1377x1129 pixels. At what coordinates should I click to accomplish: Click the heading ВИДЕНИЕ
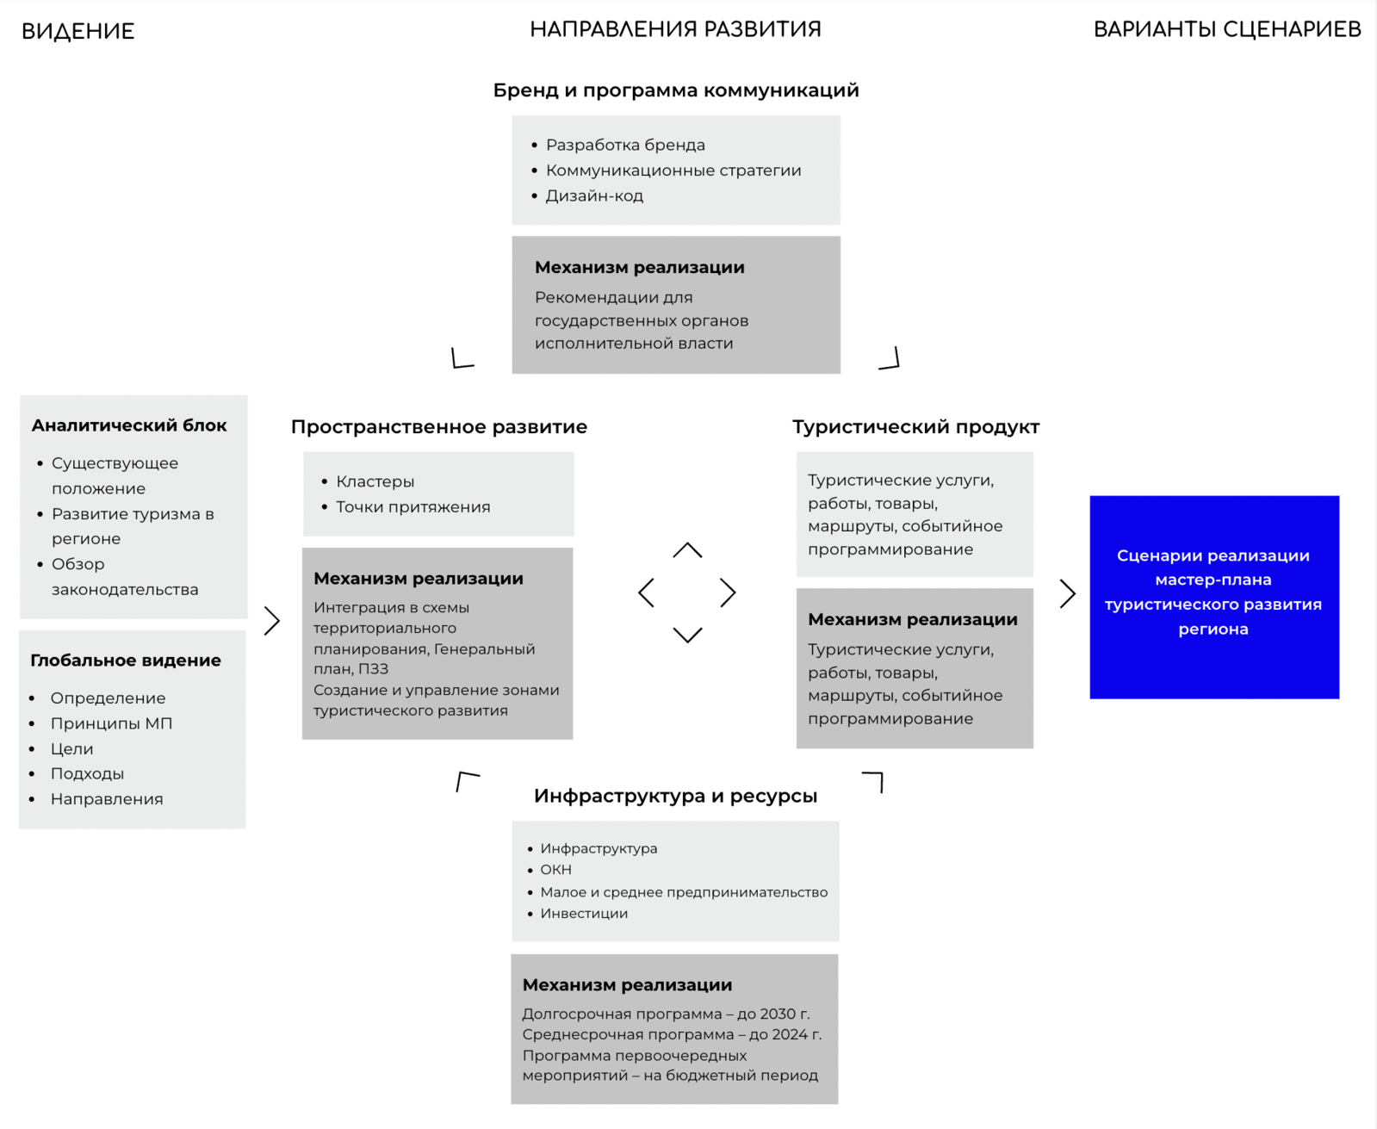78,32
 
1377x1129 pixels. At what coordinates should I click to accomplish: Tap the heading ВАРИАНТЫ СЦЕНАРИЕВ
1226,29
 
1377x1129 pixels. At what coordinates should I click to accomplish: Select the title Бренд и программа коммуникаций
675,90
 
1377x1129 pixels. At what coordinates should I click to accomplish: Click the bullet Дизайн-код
594,195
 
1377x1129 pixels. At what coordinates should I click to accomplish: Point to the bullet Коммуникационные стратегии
673,171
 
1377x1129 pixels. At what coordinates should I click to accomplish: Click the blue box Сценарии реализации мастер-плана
1213,596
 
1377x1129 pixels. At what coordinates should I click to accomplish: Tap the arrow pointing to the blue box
1068,593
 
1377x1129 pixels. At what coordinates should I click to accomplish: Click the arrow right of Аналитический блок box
272,620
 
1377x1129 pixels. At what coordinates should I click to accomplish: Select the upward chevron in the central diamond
687,549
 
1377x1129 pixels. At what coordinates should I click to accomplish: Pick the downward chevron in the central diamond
687,636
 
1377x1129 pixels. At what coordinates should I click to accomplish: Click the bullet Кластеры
375,481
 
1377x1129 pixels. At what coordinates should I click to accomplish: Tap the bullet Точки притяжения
412,507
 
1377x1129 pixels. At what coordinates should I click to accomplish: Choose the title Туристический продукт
915,427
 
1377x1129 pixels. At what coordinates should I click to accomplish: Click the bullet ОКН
555,870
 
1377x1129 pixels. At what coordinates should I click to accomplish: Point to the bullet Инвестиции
584,914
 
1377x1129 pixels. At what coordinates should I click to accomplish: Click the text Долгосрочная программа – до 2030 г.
666,1014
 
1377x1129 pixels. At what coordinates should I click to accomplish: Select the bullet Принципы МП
111,723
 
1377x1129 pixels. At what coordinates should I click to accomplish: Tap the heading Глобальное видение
126,661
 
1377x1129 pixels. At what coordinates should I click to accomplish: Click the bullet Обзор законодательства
124,577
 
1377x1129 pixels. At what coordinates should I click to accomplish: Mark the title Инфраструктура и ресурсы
675,796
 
